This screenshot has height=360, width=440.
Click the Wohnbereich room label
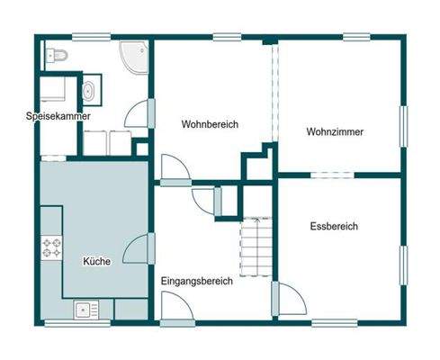coord(210,124)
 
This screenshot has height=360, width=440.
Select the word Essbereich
coord(333,226)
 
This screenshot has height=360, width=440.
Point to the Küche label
coord(96,261)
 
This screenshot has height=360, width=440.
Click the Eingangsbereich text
coord(196,281)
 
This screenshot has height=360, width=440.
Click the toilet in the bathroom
coord(56,56)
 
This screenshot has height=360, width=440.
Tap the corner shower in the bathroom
coord(134,57)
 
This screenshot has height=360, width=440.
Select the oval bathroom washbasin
coord(90,90)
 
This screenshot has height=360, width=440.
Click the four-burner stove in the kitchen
coord(51,247)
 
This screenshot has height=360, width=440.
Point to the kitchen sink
coord(87,310)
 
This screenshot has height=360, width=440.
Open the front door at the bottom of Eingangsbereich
coord(176,309)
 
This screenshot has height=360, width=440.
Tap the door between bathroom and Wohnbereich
coord(141,114)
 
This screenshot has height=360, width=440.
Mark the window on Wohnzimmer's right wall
coord(404,130)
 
